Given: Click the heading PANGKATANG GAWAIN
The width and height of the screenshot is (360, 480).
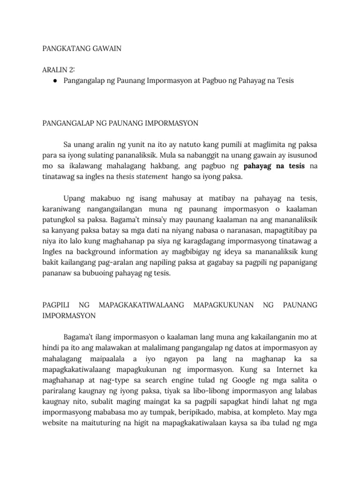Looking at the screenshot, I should point(82,49).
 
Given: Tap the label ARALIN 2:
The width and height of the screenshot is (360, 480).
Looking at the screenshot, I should point(59,70).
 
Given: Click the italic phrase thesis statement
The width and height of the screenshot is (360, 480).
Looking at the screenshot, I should point(142,177).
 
